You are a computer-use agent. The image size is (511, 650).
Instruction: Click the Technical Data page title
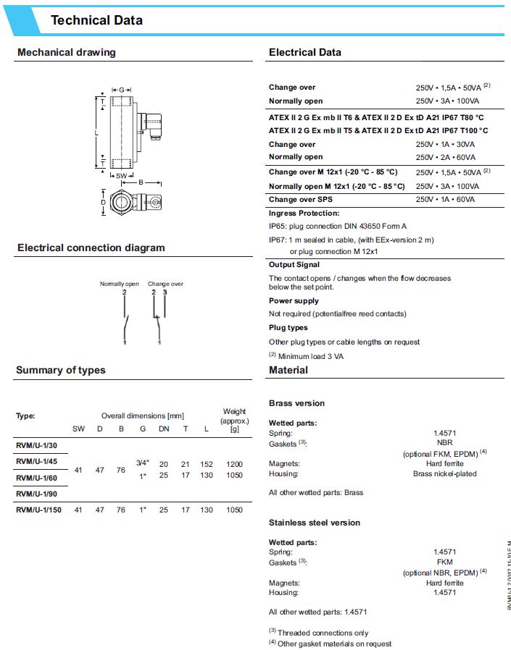96,20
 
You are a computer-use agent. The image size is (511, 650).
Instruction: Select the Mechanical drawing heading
66,52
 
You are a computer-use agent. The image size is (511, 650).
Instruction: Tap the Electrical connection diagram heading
91,248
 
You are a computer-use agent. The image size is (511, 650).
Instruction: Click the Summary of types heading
60,370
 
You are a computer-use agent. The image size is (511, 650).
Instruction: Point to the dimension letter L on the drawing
96,133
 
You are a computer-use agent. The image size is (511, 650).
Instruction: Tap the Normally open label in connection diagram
119,284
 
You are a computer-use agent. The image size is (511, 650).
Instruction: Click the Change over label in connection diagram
165,284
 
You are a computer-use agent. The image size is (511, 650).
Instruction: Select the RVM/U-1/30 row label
36,447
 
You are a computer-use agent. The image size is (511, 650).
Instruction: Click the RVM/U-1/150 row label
38,510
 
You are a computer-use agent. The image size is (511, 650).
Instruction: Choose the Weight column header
234,411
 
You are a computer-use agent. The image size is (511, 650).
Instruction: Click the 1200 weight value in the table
234,464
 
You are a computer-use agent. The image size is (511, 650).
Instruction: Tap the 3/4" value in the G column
142,462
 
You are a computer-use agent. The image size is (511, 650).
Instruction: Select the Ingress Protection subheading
304,214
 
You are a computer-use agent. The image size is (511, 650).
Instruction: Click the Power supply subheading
294,300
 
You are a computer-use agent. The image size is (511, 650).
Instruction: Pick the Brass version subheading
296,403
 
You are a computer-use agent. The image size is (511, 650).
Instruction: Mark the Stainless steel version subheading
314,523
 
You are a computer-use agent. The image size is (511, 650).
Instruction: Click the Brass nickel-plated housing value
444,474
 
